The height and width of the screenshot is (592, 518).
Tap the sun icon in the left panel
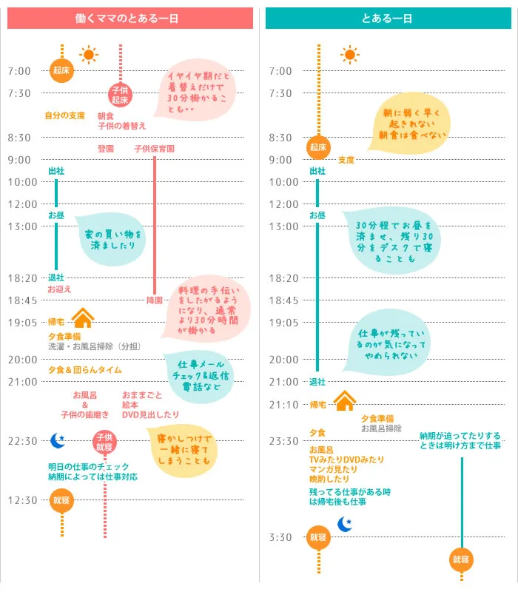click(x=89, y=55)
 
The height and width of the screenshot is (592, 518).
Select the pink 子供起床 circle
click(x=120, y=94)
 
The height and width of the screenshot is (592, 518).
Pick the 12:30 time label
click(x=22, y=500)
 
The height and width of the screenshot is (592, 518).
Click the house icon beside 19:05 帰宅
click(x=83, y=318)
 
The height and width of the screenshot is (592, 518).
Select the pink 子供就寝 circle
click(x=104, y=443)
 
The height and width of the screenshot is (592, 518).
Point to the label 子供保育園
click(x=154, y=149)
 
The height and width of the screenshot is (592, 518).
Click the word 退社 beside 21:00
click(x=317, y=382)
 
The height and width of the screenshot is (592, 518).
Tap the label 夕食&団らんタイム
click(x=84, y=370)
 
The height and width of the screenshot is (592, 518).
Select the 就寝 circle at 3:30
click(x=318, y=538)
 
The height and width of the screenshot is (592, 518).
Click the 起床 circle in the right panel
click(x=318, y=147)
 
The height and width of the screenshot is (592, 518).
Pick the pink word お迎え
click(x=59, y=289)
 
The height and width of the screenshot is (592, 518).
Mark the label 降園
click(x=154, y=300)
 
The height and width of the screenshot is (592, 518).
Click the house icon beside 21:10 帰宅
click(x=345, y=401)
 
